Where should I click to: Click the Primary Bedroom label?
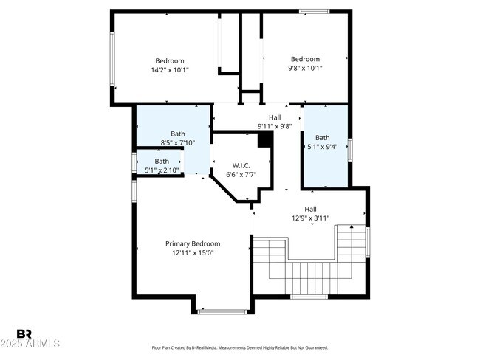click(192, 243)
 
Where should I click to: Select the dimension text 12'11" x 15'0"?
click(192, 252)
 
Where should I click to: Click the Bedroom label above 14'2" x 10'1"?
click(169, 60)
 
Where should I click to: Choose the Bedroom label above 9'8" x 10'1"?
click(305, 59)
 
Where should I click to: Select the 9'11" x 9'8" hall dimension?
click(275, 126)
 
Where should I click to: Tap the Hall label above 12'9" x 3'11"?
click(310, 209)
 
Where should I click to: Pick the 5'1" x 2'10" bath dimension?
click(162, 170)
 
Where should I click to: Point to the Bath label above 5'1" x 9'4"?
click(323, 137)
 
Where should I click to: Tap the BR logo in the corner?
click(24, 333)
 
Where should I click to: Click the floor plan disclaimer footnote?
click(240, 347)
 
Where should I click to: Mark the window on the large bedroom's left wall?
click(112, 59)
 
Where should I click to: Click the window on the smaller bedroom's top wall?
click(315, 11)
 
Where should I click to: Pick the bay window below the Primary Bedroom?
click(222, 312)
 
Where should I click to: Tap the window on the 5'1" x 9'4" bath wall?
click(351, 148)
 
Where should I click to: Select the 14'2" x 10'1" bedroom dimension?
click(169, 69)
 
